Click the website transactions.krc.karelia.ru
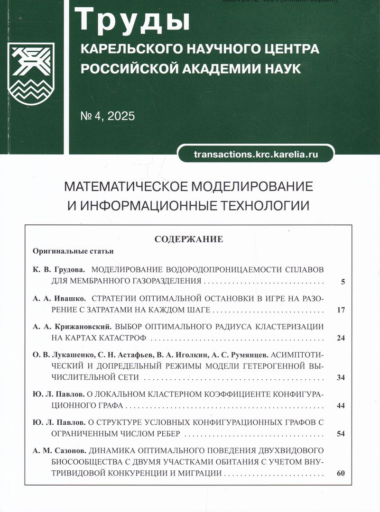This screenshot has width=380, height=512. tap(256, 154)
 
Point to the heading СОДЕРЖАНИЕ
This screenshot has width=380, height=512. tap(189, 239)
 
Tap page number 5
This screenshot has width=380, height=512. tap(343, 282)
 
